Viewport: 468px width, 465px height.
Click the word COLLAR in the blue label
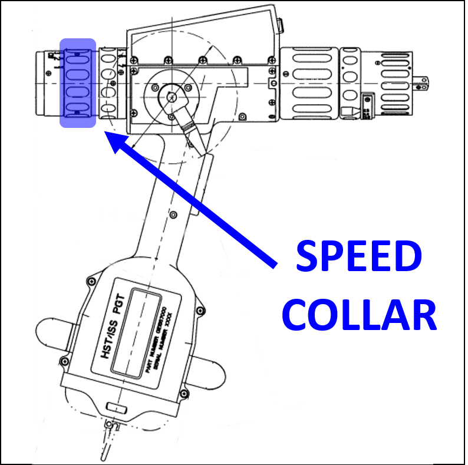tap(360, 315)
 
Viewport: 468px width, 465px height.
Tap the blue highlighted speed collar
tap(78, 83)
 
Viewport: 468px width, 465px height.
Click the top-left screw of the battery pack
tap(91, 279)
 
